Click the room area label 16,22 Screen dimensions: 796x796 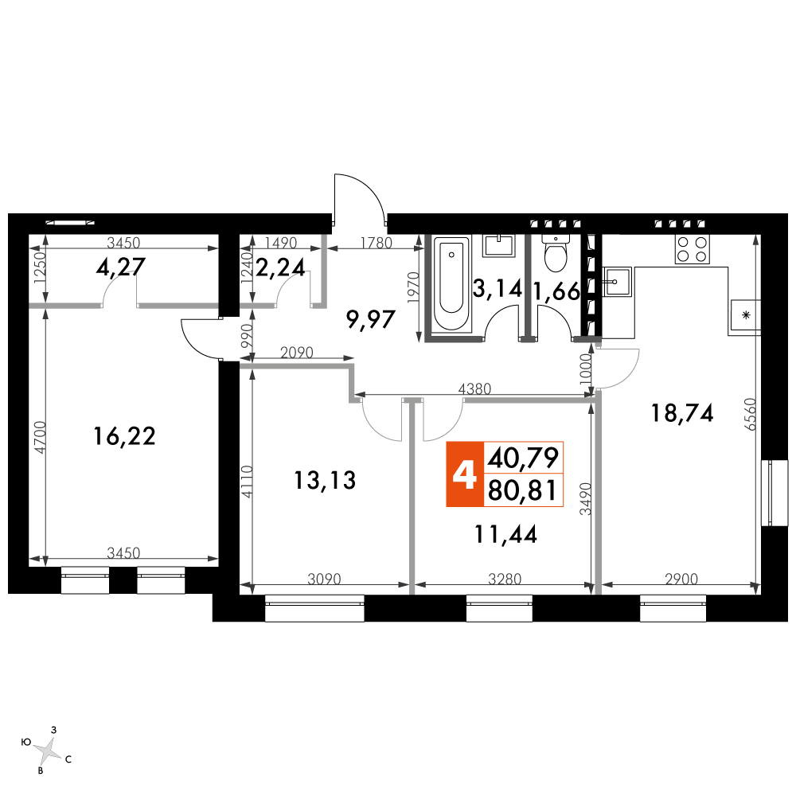point(124,436)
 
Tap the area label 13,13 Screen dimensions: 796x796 point(325,480)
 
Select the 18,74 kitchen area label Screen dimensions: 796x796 point(682,413)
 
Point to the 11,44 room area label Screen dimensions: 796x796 point(505,535)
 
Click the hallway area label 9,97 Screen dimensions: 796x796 point(371,320)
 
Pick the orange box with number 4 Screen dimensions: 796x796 point(465,474)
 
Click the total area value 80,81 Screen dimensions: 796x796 point(523,491)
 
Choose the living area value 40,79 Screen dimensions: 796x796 point(523,458)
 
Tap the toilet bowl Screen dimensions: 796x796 point(556,253)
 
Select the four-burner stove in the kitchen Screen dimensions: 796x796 point(693,249)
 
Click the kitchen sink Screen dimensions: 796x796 point(617,281)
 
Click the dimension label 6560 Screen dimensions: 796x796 point(751,414)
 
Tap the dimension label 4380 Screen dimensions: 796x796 point(474,389)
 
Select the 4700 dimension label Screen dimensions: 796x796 point(40,437)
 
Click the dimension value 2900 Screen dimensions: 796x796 point(681,579)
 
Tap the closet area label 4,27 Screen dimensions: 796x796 point(121,267)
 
